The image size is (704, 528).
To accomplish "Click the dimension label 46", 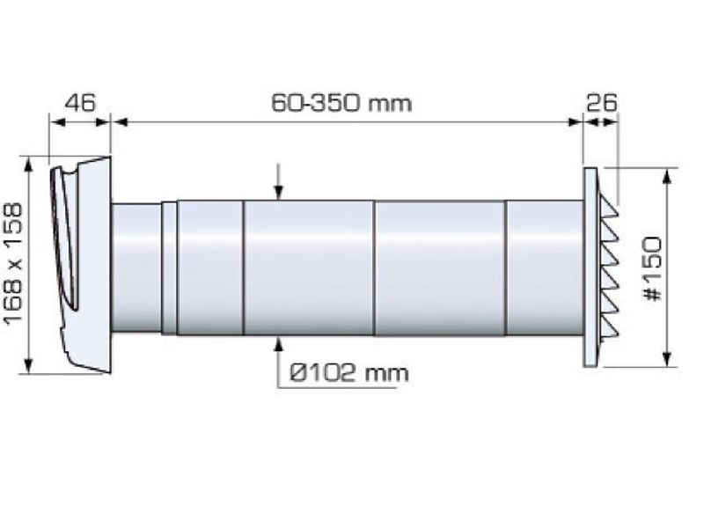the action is (x=80, y=103).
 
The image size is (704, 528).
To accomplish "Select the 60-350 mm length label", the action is (x=341, y=103).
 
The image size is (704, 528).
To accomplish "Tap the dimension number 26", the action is (x=602, y=103).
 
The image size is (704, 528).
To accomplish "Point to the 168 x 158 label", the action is (x=13, y=262).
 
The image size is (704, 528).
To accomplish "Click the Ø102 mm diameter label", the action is (x=349, y=372).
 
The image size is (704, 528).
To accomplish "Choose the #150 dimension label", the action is (x=652, y=269).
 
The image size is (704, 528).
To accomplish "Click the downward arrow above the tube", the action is (x=279, y=181).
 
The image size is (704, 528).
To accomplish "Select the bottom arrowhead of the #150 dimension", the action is (x=667, y=359).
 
